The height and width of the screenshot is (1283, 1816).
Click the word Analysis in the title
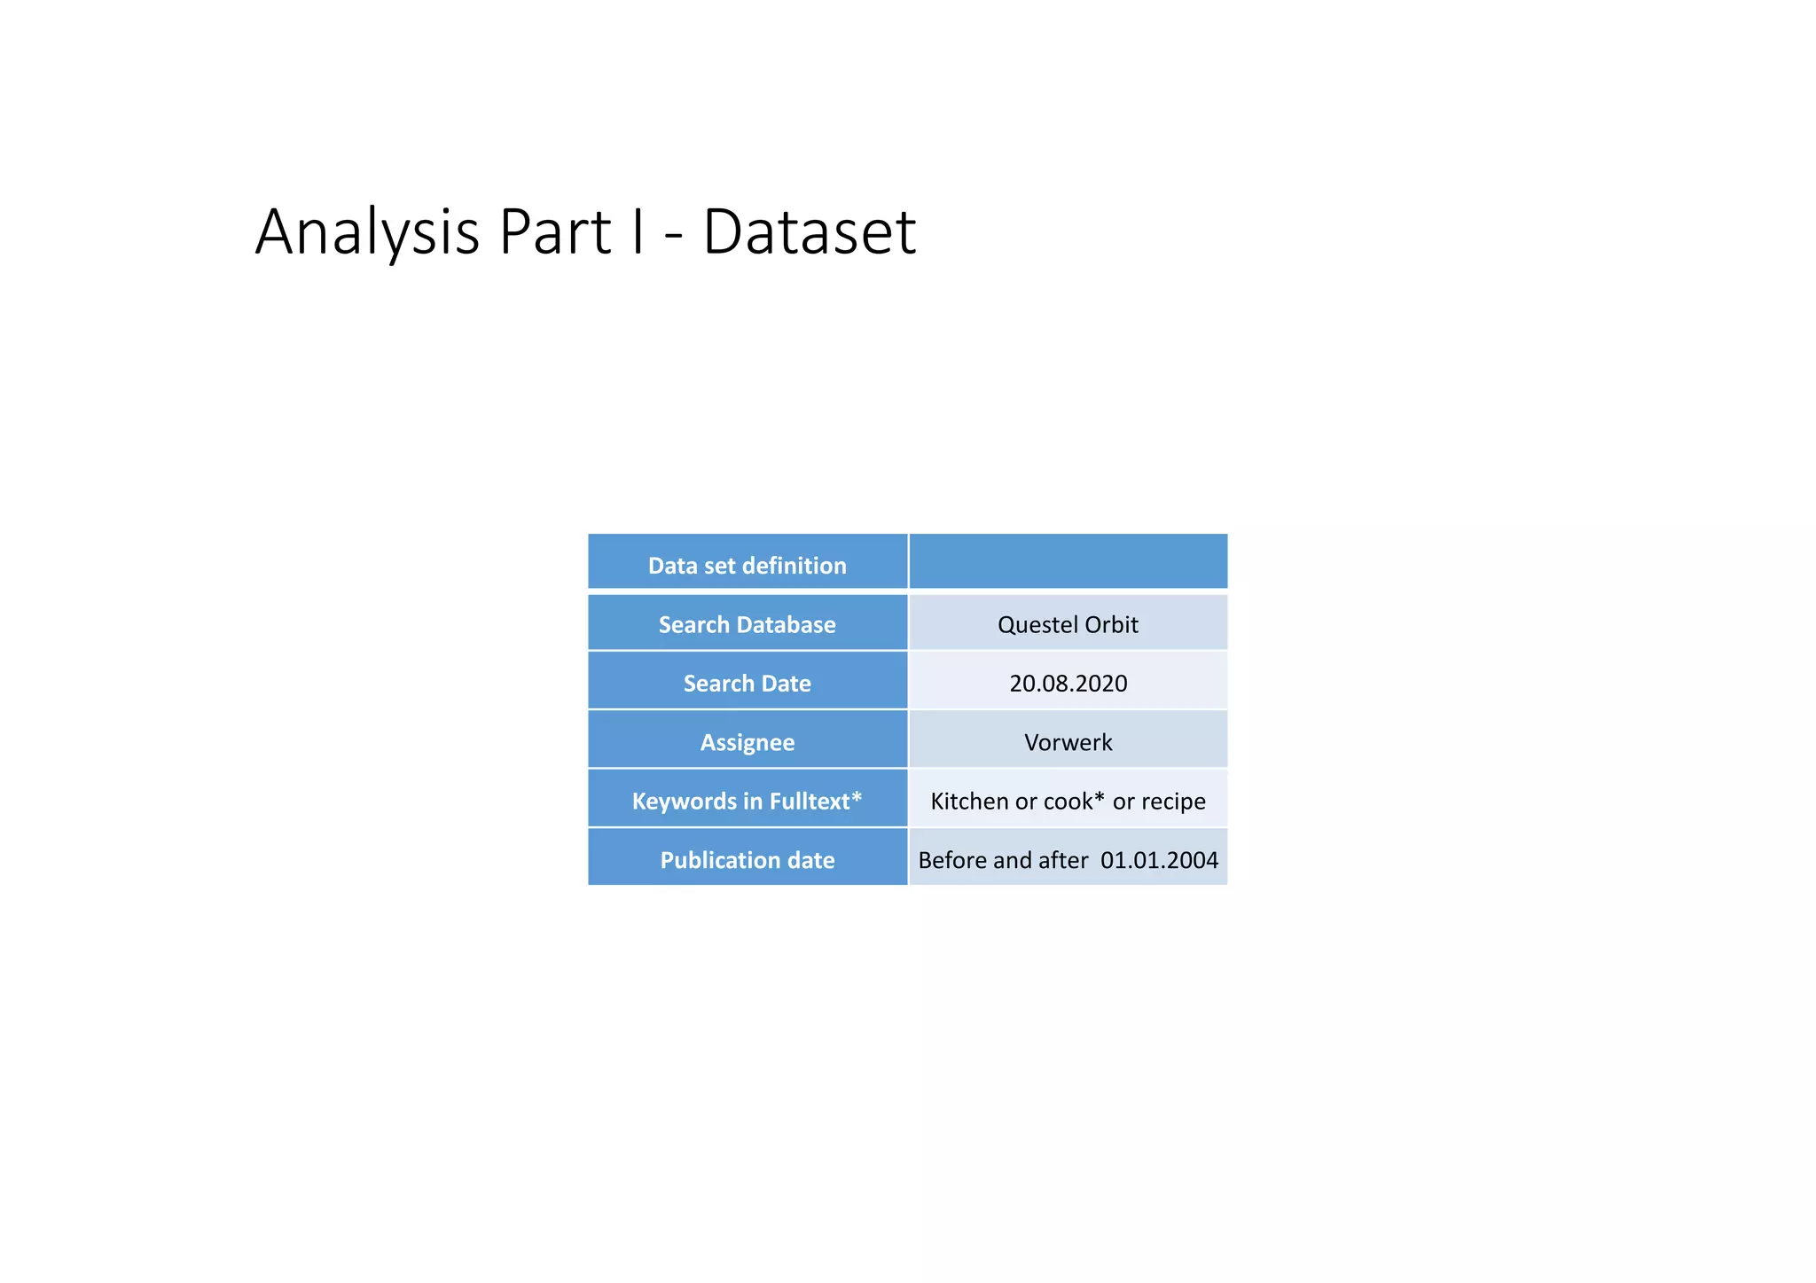366,232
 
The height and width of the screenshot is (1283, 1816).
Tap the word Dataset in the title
809,232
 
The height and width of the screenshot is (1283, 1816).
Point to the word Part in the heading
554,232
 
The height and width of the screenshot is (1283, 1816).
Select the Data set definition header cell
747,565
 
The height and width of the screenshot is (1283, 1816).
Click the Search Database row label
747,624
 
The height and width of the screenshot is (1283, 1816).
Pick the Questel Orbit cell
1068,624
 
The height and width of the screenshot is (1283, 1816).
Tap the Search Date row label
747,683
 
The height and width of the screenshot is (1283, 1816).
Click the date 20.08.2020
1068,683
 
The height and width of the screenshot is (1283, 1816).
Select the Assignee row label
747,742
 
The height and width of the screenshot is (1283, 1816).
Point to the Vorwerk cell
1068,742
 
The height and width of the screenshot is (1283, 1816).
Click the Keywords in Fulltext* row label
747,801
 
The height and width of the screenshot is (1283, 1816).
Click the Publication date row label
747,860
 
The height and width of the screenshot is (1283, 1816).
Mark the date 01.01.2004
1159,860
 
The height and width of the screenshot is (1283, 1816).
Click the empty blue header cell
1068,561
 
